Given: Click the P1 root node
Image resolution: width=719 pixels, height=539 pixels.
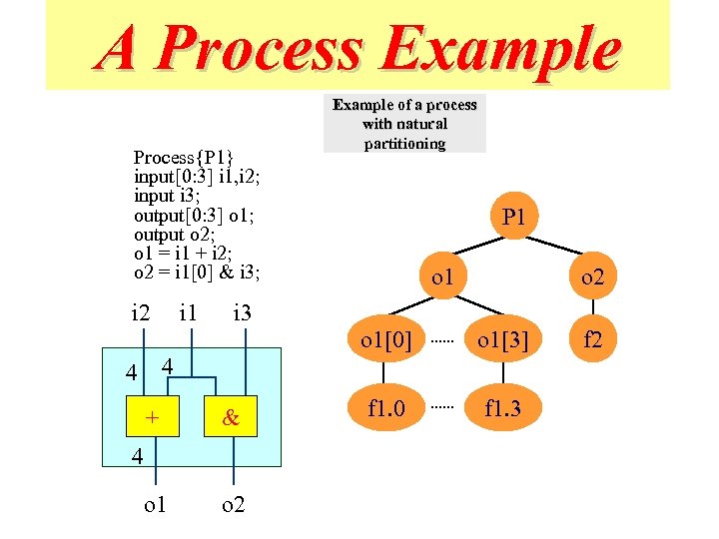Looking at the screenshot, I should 513,217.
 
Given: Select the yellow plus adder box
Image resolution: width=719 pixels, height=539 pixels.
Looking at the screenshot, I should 152,419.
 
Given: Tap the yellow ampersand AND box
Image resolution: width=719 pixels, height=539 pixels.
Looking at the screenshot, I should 231,419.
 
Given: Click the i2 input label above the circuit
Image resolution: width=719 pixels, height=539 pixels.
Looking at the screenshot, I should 142,314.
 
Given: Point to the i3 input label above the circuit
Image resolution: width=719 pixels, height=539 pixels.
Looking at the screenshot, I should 241,314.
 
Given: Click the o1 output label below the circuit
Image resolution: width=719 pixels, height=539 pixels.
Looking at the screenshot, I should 155,505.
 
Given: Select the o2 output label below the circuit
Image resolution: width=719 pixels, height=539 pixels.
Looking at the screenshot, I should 234,505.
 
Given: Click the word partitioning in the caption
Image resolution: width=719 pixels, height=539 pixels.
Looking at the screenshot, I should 404,143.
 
